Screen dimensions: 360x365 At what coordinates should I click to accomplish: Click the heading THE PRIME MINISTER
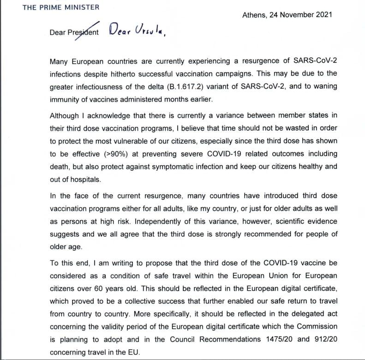(60, 8)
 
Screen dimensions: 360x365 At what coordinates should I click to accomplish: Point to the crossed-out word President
(83, 33)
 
